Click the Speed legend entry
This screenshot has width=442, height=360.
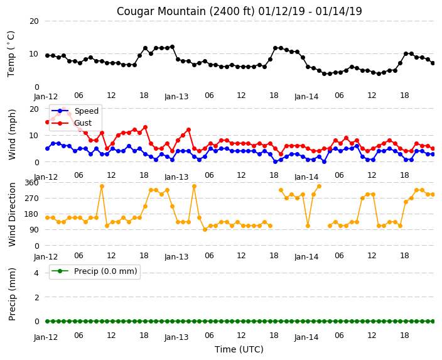point(75,111)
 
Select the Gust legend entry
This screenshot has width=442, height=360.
point(72,123)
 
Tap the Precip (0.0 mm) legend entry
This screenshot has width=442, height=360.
point(94,271)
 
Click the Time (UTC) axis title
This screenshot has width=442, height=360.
point(239,349)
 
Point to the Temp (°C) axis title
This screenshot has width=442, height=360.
point(11,54)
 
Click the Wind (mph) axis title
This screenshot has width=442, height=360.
point(11,134)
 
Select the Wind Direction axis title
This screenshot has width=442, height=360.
point(12,214)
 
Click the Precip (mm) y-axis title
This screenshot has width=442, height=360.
point(11,294)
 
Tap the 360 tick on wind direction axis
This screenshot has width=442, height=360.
point(31,183)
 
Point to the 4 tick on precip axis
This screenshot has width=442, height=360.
point(36,273)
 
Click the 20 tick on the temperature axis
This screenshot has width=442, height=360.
point(34,21)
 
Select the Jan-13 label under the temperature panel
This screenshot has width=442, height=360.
point(176,97)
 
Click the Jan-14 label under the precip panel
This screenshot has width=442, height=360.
point(306,337)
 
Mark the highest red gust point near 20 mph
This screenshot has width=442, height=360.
point(63,109)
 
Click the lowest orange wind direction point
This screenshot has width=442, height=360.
point(205,230)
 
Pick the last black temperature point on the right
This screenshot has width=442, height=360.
point(433,63)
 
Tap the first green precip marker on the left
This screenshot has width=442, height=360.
point(47,321)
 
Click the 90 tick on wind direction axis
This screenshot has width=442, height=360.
point(34,230)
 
